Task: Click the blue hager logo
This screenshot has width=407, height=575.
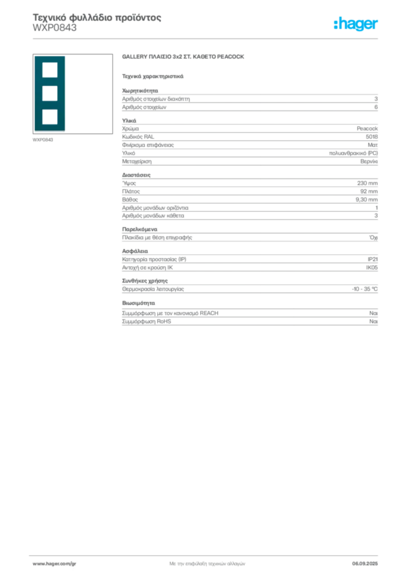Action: pos(356,25)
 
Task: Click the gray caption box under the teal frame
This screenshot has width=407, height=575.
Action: pos(43,139)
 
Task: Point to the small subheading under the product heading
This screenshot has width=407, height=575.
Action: pos(153,75)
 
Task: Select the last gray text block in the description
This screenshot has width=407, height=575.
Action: pos(249,317)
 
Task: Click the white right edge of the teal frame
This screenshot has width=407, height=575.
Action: pos(66,94)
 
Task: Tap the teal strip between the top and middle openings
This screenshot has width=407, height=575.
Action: pos(49,82)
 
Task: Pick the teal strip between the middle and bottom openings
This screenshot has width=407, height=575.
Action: pos(49,105)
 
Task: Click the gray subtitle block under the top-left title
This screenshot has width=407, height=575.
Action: pos(53,31)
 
